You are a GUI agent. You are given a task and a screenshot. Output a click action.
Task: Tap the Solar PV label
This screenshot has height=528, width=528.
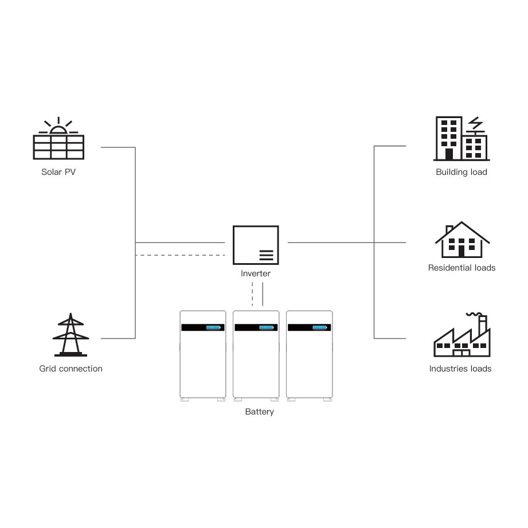click(58, 171)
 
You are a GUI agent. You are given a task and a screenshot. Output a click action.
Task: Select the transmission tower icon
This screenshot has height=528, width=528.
click(71, 335)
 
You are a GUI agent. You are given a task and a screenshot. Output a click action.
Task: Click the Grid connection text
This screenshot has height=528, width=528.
click(71, 369)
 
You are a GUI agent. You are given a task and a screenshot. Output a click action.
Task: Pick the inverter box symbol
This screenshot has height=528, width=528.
click(256, 245)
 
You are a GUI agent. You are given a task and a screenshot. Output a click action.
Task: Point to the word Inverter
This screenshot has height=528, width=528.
click(256, 273)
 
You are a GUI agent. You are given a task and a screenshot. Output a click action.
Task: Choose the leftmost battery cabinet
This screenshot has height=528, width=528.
click(203, 354)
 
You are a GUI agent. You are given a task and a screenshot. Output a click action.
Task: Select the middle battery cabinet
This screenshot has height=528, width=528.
click(256, 354)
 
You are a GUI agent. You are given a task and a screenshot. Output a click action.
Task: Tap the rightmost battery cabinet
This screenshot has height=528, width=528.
click(309, 354)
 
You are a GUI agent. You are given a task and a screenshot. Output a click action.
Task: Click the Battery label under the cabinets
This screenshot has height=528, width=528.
click(259, 412)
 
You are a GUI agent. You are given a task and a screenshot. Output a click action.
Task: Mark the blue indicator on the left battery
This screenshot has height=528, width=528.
click(213, 327)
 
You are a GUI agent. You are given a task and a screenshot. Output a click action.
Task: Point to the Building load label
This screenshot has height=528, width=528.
click(461, 172)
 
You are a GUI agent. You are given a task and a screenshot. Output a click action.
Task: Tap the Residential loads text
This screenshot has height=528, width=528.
click(461, 268)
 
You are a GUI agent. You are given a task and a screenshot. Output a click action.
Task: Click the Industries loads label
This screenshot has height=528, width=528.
click(460, 369)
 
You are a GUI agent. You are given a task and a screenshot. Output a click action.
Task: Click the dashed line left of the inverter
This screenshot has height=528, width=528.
click(180, 255)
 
